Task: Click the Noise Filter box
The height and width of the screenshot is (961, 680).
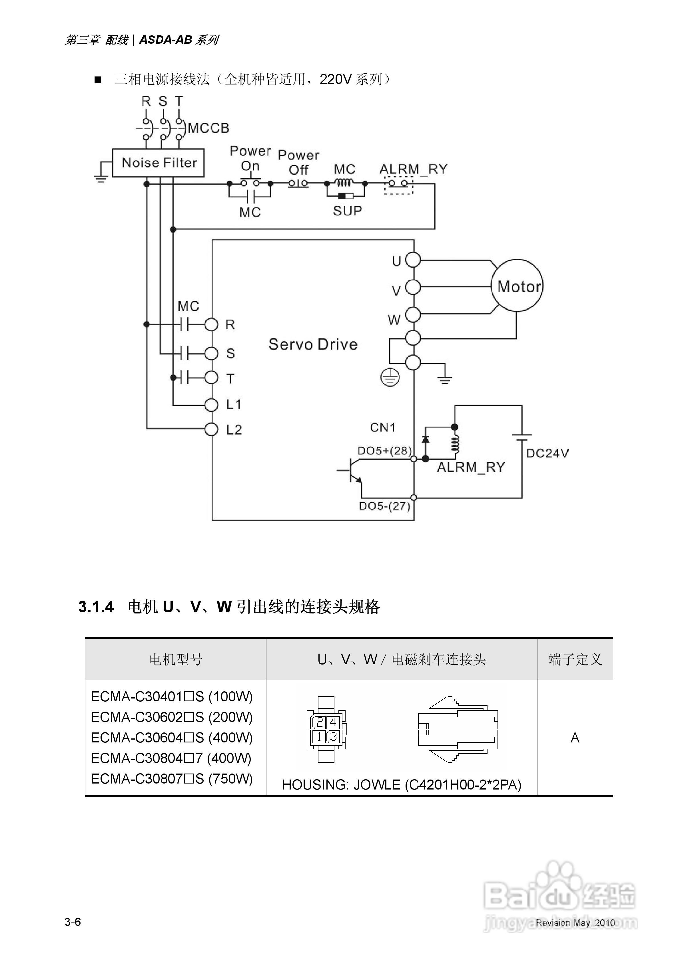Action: coord(159,163)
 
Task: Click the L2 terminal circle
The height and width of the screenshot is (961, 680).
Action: coord(212,429)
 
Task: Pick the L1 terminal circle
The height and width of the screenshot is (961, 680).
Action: coord(212,405)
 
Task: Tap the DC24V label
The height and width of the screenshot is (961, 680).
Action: coord(547,453)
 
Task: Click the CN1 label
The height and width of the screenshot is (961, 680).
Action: coord(382,427)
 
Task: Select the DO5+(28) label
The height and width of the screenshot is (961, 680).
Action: coord(384,451)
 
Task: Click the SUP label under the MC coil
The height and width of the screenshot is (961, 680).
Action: coord(347,211)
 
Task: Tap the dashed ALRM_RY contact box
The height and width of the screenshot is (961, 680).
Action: coord(398,185)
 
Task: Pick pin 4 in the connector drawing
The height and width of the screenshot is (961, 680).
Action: coord(333,722)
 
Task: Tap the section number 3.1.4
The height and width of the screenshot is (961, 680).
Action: coord(96,607)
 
